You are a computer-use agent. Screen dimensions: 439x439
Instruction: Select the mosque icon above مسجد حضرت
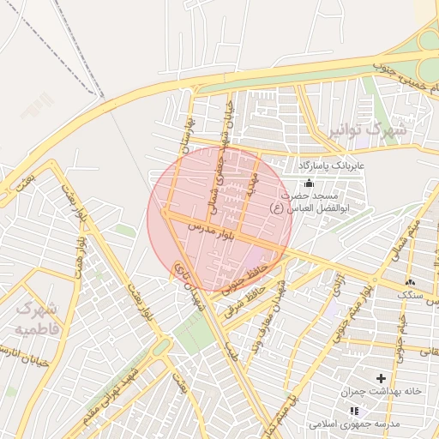[x=310, y=183]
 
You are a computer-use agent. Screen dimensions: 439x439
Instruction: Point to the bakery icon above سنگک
[x=410, y=282]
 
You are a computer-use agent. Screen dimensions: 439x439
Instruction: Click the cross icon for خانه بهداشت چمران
[x=381, y=377]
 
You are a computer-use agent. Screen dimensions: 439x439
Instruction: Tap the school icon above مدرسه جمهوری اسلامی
[x=354, y=412]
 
